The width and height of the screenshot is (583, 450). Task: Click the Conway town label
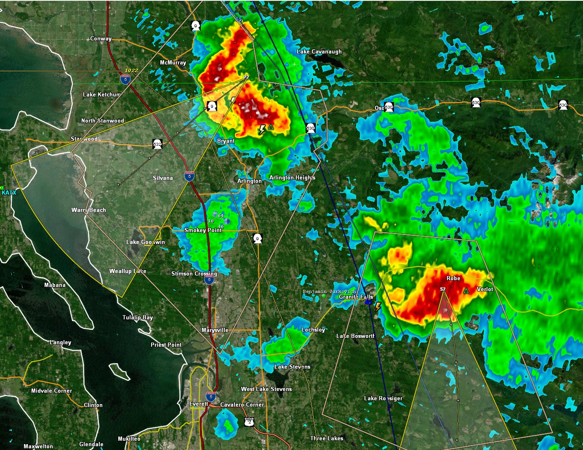click(101, 39)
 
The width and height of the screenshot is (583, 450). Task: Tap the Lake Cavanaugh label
click(319, 52)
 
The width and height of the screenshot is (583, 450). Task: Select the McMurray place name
click(173, 63)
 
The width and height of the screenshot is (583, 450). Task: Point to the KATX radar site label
click(9, 193)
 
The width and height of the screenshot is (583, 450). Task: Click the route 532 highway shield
click(157, 144)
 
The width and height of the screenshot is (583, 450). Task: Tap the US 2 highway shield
click(249, 421)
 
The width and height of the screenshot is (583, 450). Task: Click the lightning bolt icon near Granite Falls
click(378, 307)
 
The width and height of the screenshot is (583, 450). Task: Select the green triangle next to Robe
click(466, 291)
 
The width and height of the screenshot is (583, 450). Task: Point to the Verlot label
click(485, 289)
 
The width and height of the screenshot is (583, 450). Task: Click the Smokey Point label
click(203, 230)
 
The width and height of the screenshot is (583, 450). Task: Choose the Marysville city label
click(215, 330)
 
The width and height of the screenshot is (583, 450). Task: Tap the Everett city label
click(199, 404)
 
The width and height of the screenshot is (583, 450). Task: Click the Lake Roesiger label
click(383, 398)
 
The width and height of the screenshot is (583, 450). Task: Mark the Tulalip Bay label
click(138, 317)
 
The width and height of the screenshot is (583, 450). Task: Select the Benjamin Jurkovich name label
click(329, 291)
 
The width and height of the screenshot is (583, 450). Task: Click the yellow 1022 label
click(131, 70)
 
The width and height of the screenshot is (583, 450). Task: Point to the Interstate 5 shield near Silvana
click(189, 177)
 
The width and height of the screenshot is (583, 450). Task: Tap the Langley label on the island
click(61, 342)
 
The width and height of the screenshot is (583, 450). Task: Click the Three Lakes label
click(327, 438)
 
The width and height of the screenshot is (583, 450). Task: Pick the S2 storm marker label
click(442, 289)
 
